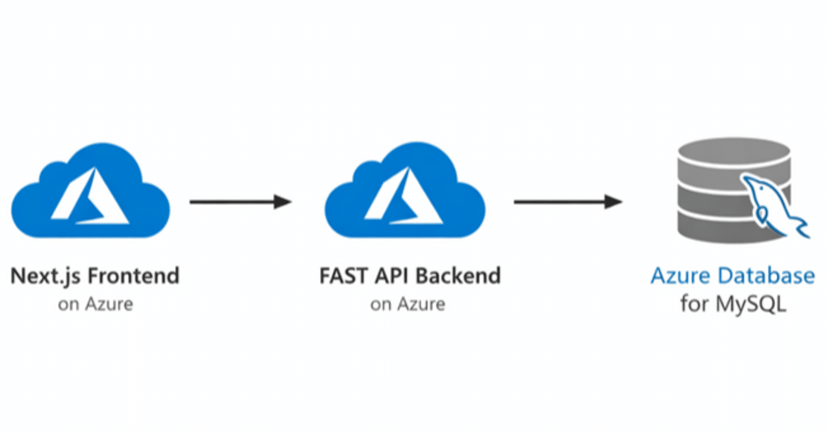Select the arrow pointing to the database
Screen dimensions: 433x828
tap(567, 202)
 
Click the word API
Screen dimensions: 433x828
tap(389, 276)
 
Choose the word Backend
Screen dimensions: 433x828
tap(458, 276)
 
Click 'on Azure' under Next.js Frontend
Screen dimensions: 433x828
tap(95, 304)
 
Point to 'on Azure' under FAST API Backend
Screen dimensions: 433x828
tap(408, 304)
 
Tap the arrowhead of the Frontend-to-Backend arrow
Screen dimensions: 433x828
tap(282, 202)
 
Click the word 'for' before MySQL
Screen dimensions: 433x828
tap(695, 304)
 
